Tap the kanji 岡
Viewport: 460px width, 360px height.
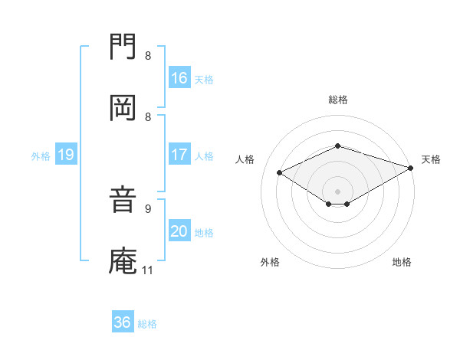pos(123,108)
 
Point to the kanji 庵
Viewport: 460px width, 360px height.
pos(123,260)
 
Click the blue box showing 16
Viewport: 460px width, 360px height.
pos(179,78)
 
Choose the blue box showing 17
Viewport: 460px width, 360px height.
pos(179,155)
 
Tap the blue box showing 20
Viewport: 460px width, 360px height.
pos(179,232)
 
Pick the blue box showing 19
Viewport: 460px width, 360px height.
pos(66,155)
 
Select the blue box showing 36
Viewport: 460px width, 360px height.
pos(123,322)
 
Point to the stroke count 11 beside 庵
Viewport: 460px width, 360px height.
pos(148,270)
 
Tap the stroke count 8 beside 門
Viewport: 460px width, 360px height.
pos(148,55)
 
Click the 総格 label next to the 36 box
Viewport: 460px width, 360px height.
pos(147,324)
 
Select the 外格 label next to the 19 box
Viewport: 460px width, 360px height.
pos(41,156)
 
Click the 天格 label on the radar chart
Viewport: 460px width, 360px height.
pos(431,159)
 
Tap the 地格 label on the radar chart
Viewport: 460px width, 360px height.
pos(402,262)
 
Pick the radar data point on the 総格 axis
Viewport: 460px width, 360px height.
pos(337,146)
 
